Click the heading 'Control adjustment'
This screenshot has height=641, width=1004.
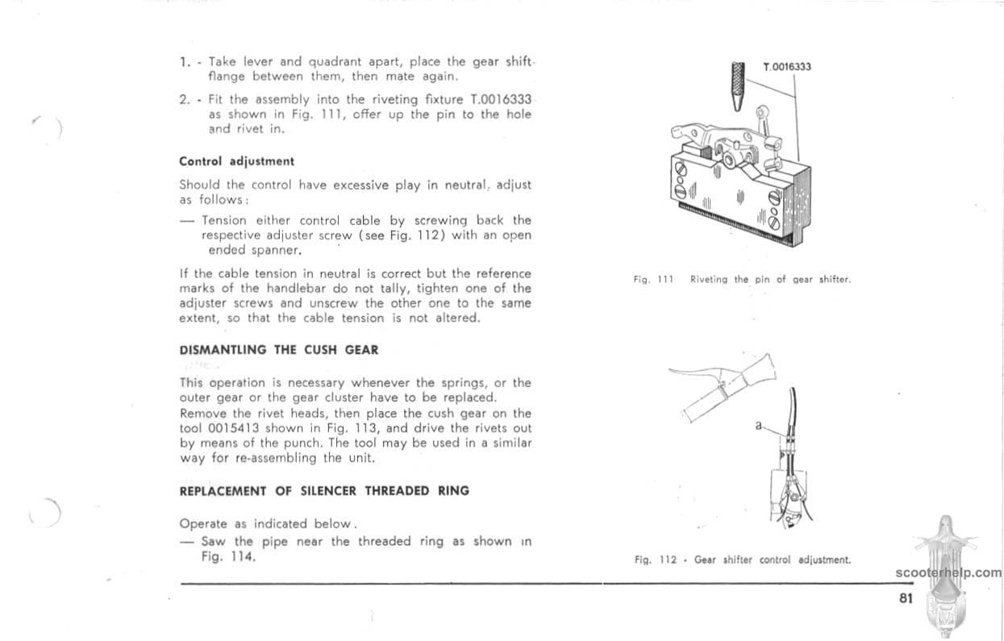click(236, 161)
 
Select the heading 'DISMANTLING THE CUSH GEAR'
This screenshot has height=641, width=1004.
click(278, 350)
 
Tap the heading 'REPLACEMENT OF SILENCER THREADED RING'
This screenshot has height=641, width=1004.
click(323, 490)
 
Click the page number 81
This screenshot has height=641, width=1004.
click(905, 598)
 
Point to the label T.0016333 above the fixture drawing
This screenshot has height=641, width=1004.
click(786, 68)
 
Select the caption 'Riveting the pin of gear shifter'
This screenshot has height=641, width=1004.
click(770, 280)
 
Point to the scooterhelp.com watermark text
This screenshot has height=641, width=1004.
click(948, 573)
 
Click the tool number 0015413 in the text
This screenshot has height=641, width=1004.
click(234, 428)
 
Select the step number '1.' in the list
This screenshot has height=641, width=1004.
click(185, 61)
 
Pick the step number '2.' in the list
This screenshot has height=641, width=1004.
click(185, 99)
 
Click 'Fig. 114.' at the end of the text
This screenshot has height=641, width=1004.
click(229, 556)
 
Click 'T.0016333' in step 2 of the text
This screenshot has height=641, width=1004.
click(500, 99)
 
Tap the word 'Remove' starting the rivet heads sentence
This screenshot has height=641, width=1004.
click(204, 413)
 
